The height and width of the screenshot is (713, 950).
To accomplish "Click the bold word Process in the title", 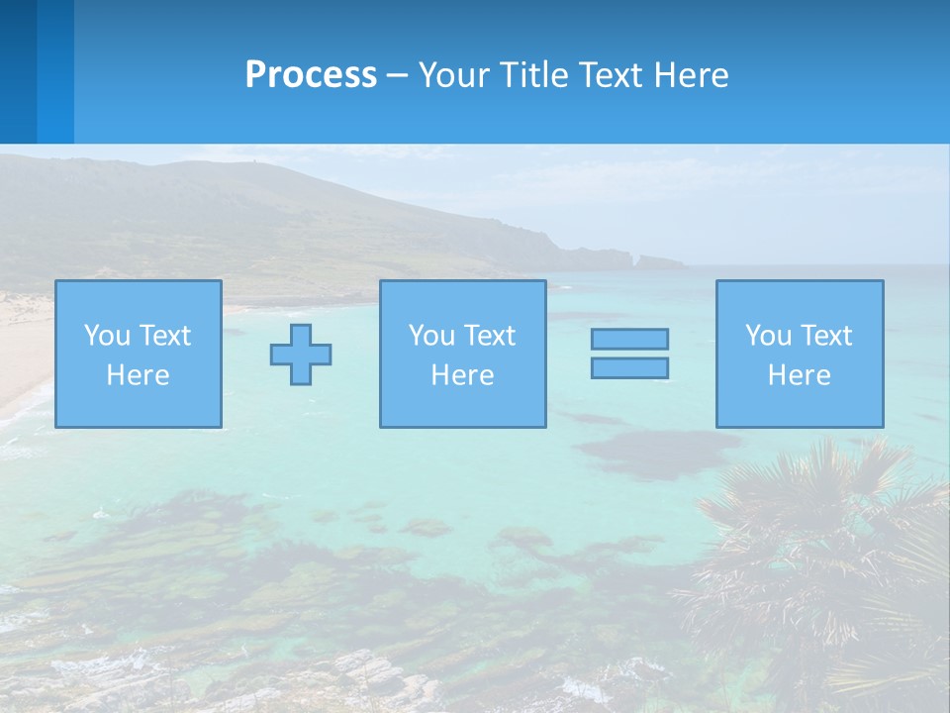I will [x=311, y=75].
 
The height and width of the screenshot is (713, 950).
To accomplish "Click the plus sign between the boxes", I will [x=301, y=354].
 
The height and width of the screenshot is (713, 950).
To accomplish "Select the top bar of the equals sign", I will [x=629, y=339].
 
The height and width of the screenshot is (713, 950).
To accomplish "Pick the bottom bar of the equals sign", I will [x=629, y=367].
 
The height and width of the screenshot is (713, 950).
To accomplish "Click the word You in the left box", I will [x=107, y=336].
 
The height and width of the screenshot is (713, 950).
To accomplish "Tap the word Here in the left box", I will [x=139, y=375].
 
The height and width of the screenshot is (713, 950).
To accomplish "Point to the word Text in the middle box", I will [x=491, y=336].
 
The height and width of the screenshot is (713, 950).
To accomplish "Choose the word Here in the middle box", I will [x=463, y=375].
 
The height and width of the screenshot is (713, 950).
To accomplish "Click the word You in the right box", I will [x=768, y=336].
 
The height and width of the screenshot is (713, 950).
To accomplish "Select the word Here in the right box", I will [x=800, y=375].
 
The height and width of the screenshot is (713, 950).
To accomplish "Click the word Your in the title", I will [x=453, y=75].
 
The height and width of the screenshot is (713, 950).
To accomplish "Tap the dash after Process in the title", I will [x=398, y=76].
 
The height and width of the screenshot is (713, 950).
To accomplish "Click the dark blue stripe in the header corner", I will [x=18, y=71].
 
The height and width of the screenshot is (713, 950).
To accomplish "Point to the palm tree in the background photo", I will [x=811, y=555].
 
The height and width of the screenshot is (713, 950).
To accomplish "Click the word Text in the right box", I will [x=827, y=336].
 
